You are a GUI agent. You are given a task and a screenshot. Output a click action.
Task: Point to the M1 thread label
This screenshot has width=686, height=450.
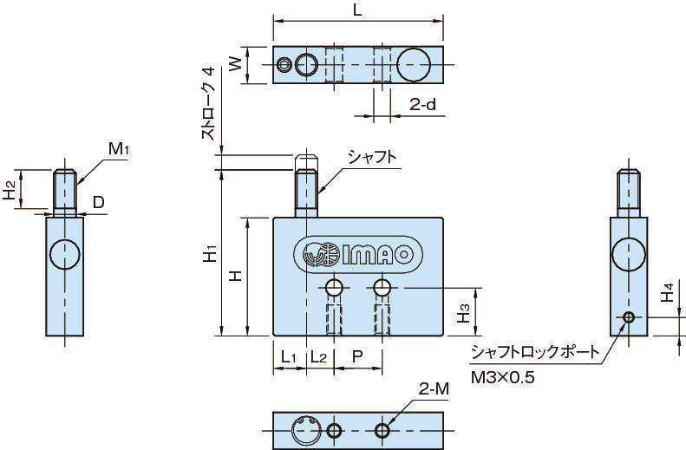coord(119,149)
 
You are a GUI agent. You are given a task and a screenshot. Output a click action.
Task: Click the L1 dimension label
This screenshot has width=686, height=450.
coord(289,356)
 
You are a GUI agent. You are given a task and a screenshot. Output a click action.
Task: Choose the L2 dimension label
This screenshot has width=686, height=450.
coord(318,356)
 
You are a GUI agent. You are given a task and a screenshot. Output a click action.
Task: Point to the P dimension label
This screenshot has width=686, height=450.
coord(357,356)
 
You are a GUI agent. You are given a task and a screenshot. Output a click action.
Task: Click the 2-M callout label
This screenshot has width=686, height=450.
coord(434,389)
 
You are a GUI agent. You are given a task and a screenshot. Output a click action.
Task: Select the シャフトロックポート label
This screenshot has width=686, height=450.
coord(533,353)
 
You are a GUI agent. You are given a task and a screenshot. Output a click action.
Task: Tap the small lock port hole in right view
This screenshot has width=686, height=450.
coord(629,317)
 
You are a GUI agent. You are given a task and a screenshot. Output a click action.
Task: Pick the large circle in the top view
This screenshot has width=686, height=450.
coord(414,63)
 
